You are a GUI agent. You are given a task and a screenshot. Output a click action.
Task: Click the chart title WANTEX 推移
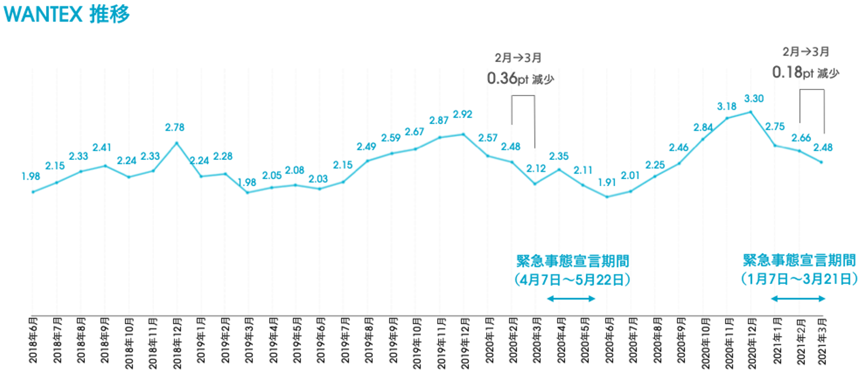coord(66,14)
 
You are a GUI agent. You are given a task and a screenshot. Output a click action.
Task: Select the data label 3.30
coord(754,98)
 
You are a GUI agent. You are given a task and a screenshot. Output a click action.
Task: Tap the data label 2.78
coord(177,127)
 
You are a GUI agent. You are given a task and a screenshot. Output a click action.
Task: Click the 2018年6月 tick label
coord(33,341)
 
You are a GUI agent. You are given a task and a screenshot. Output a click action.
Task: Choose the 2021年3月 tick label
coord(822,341)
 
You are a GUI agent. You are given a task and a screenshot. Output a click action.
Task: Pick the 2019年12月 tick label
coord(464,341)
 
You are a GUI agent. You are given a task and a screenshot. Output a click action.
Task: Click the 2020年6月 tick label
coord(607,341)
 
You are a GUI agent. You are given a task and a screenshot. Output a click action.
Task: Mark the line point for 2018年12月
coord(177,143)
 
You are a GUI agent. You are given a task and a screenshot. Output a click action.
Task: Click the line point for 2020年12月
coord(751,112)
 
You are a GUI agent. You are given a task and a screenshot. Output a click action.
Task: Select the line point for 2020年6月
coord(607,197)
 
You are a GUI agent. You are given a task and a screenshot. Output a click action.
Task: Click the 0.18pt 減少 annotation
coord(806,72)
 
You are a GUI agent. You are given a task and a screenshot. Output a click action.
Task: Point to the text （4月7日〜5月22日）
coord(572,279)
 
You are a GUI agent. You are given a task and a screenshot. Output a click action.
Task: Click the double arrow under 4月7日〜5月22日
coord(572,298)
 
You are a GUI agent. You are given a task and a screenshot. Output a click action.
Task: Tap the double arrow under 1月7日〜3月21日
coord(798,298)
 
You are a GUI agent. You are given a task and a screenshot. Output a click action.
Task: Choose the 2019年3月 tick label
coord(248,341)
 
